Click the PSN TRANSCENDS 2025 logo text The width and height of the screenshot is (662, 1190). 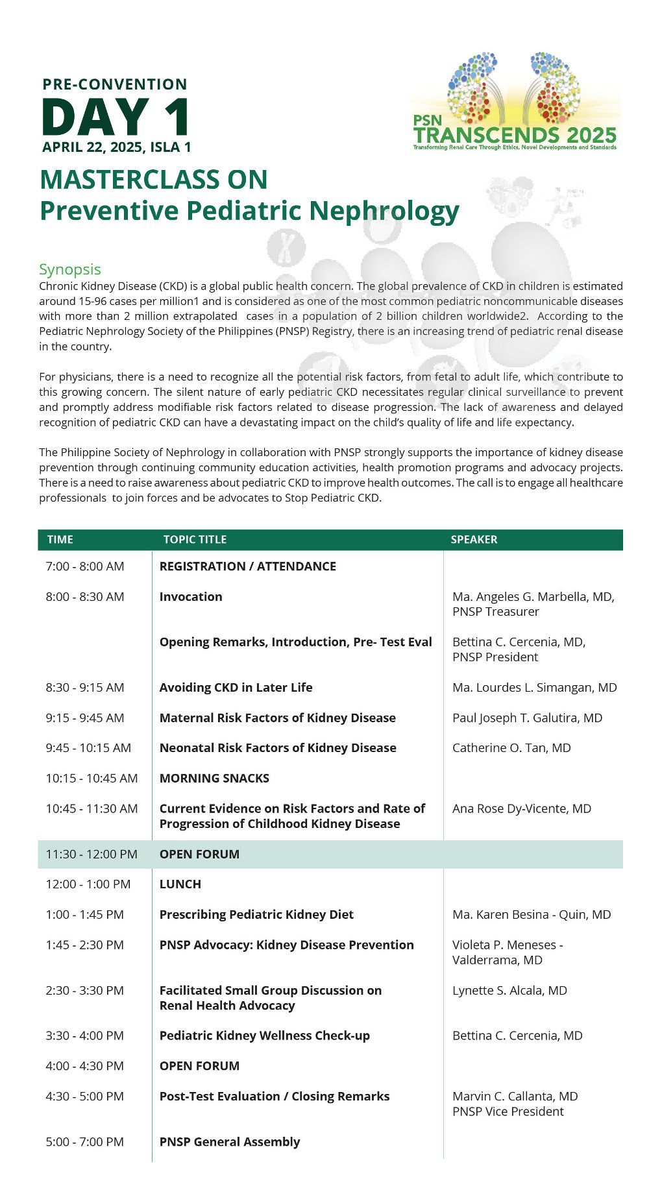515,135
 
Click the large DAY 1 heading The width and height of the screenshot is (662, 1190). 116,117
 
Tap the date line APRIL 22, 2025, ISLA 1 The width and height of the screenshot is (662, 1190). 117,147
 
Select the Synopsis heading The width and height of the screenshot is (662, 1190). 70,269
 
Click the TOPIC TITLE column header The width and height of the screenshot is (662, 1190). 195,539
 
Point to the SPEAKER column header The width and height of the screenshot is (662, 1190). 474,539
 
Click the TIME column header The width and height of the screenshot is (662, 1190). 60,539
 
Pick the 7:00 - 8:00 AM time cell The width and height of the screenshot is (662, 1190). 84,566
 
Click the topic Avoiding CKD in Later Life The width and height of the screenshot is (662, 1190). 236,687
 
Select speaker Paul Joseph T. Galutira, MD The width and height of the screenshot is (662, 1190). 527,718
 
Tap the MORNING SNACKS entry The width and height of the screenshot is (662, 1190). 214,778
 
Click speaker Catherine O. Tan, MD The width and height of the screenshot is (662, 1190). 511,747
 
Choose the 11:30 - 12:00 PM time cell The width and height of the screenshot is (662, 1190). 92,854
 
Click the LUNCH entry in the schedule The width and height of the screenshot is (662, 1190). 180,884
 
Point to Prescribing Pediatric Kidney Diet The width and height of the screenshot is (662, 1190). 256,914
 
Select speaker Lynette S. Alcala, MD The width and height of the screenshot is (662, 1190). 509,990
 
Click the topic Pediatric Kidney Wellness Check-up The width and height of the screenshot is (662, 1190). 264,1036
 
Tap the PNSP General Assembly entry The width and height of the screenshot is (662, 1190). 230,1141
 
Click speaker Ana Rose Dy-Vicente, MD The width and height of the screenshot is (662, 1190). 522,808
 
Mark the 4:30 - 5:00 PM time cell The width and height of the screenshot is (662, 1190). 84,1096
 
